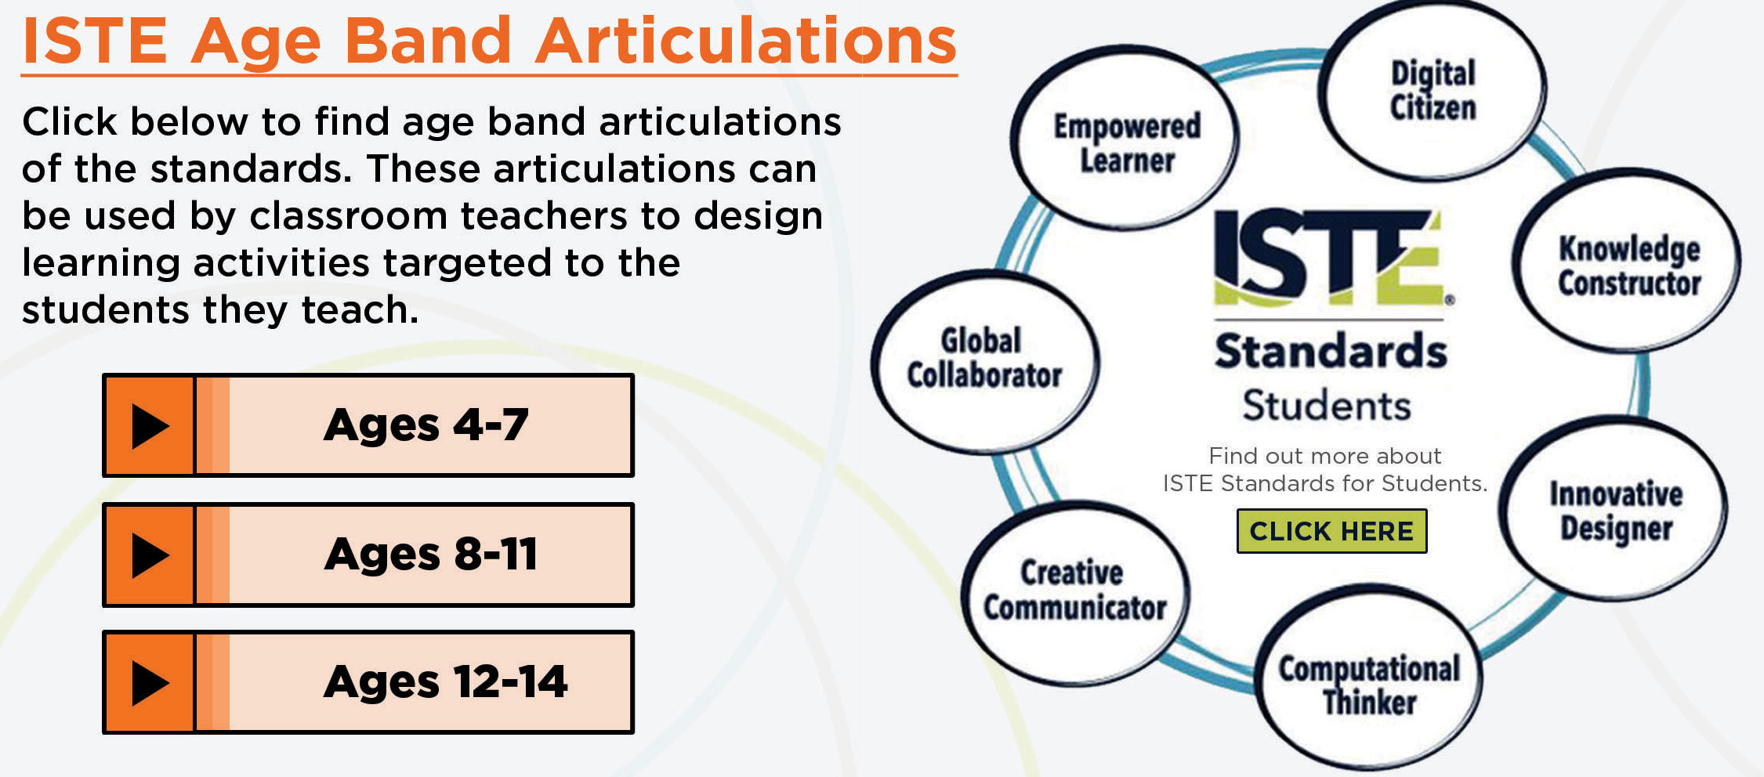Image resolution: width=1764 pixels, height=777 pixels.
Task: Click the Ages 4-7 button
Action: pos(368,425)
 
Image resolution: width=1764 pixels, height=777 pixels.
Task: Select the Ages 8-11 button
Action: pos(368,555)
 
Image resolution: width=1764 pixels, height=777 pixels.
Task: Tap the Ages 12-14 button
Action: pos(368,682)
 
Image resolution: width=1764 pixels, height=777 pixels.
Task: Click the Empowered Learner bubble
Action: pos(1125,138)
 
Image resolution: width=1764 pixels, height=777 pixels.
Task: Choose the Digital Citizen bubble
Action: pos(1433,90)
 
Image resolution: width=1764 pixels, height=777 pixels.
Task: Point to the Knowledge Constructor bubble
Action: pos(1628,261)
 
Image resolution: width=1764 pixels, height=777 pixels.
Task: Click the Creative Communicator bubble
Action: pos(1074,592)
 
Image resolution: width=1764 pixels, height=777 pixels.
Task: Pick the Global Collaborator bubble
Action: pos(984,360)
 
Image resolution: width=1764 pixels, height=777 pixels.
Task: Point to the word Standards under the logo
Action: pos(1331,352)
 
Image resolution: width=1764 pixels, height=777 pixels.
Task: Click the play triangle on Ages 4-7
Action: pos(150,426)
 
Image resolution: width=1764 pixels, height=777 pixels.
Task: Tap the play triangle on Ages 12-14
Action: pos(150,683)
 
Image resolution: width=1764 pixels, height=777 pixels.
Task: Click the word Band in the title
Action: pos(428,41)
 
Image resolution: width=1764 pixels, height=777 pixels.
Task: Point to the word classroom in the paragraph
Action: pos(348,216)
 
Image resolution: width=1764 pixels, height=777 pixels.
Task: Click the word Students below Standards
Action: pos(1327,406)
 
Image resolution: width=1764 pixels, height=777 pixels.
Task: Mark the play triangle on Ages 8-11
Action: pos(150,555)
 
